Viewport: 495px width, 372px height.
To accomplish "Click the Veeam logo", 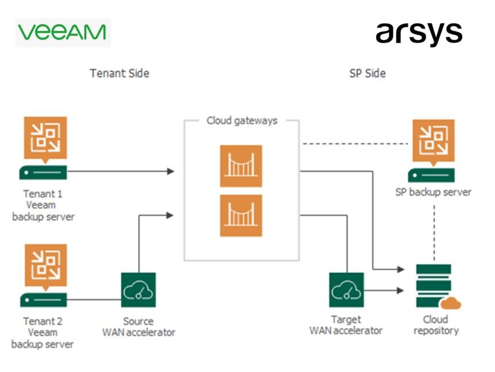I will [62, 32].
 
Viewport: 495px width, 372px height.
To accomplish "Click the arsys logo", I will [419, 34].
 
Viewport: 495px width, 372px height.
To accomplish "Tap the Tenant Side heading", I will [119, 73].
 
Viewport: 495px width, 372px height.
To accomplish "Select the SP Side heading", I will [368, 73].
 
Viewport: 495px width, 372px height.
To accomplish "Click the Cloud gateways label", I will [242, 121].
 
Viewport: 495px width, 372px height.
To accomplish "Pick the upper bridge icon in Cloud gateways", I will [241, 166].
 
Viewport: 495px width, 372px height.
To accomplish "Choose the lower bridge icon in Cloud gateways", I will [241, 215].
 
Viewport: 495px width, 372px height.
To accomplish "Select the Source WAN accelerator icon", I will [138, 290].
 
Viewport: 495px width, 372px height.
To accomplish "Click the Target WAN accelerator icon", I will [346, 290].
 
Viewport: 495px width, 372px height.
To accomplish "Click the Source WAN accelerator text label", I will [138, 327].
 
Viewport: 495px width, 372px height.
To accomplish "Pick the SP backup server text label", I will [434, 192].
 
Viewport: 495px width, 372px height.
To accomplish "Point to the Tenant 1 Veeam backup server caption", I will [43, 205].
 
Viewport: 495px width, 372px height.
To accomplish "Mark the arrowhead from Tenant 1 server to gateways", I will [170, 171].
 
